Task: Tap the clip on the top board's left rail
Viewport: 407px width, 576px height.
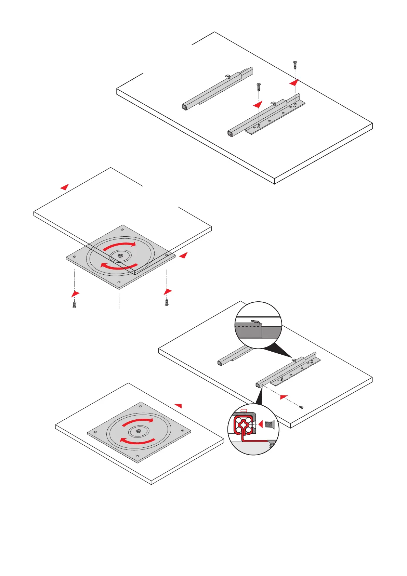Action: tap(227, 75)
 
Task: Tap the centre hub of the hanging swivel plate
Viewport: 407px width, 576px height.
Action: tap(120, 255)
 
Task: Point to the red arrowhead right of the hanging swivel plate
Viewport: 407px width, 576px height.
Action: tap(184, 255)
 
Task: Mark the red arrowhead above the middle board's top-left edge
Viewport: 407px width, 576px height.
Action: tap(65, 187)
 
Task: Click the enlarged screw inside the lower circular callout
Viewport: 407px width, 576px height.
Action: tap(270, 425)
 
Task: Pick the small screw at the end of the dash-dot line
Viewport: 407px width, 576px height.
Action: tap(301, 407)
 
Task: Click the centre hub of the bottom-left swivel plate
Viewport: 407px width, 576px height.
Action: tap(138, 431)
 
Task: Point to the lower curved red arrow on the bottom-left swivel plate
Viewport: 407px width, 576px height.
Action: tap(137, 441)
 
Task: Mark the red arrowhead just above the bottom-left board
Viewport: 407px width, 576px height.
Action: tap(178, 405)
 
